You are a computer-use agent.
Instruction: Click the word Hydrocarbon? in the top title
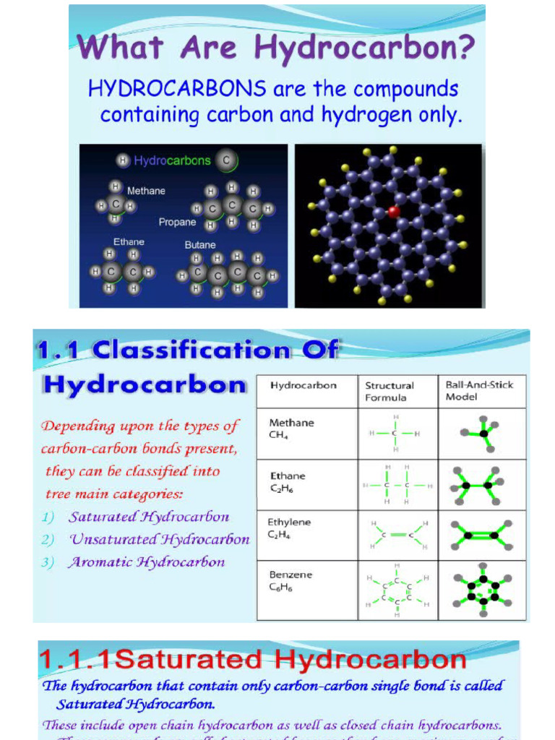click(365, 49)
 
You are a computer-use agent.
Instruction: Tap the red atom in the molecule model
click(394, 212)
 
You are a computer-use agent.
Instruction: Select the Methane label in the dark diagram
click(146, 191)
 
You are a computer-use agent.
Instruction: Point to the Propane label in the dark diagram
click(177, 222)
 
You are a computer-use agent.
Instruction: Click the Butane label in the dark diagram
click(200, 245)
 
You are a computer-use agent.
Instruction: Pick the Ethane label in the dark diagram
click(129, 241)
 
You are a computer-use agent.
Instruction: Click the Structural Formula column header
click(390, 391)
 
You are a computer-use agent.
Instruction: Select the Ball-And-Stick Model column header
click(479, 390)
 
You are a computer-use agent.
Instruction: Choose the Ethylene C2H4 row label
click(289, 528)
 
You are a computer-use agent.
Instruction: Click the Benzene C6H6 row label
click(291, 581)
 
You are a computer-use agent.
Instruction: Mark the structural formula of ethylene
click(397, 535)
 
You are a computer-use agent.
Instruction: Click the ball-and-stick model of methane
click(481, 434)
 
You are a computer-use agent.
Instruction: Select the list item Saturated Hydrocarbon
click(149, 517)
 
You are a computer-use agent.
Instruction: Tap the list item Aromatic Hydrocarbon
click(147, 562)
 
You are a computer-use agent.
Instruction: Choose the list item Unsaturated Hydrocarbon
click(159, 539)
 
